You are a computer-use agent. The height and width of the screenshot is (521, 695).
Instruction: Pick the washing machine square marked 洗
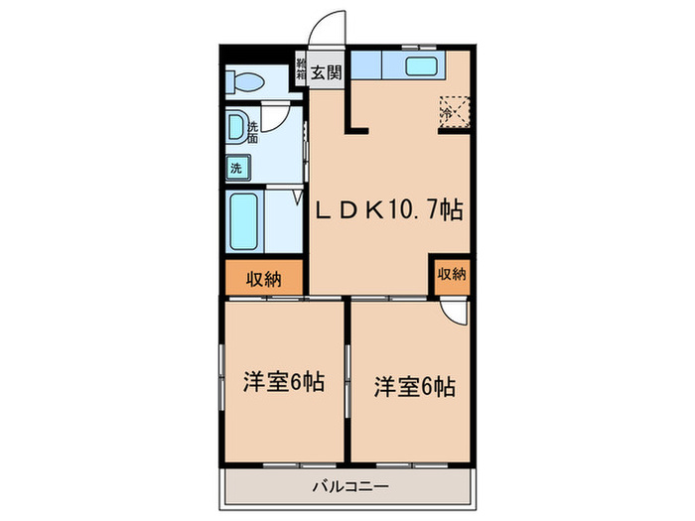237,168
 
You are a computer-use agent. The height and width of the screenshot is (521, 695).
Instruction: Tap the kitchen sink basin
426,67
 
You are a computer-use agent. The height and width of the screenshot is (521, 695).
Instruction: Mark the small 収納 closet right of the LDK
452,274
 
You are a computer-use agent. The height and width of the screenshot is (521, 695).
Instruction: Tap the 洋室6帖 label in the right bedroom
414,385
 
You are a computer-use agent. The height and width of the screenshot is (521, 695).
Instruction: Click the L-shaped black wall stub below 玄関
354,118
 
